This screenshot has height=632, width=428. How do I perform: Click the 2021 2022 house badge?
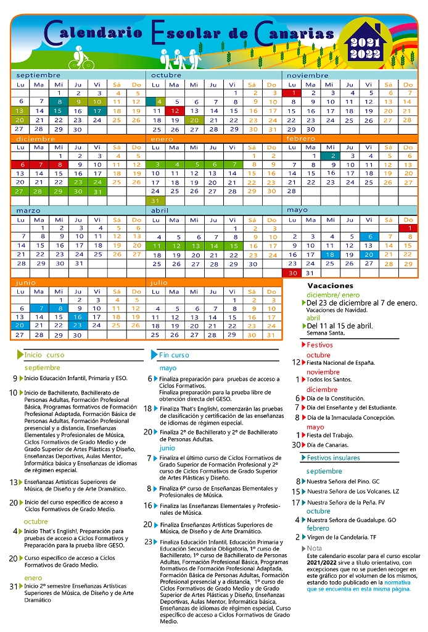(365, 44)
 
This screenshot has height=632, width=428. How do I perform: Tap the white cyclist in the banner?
(80, 57)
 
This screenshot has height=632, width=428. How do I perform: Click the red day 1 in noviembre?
(294, 93)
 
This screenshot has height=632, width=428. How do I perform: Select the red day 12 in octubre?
(175, 111)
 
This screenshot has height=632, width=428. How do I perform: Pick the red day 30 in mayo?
(294, 273)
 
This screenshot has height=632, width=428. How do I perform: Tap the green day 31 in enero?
(155, 201)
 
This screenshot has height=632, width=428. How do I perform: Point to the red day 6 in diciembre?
(22, 165)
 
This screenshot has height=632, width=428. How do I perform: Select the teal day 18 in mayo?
(330, 254)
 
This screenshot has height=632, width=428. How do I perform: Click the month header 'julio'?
(159, 282)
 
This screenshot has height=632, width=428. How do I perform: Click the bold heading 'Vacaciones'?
(330, 286)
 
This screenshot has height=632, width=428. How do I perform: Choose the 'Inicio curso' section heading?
(44, 355)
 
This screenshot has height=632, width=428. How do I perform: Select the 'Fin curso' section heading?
(174, 355)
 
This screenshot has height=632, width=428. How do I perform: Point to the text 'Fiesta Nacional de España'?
(340, 363)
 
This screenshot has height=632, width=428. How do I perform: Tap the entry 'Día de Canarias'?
(328, 445)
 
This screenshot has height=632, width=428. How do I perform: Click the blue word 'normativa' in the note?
(398, 582)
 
